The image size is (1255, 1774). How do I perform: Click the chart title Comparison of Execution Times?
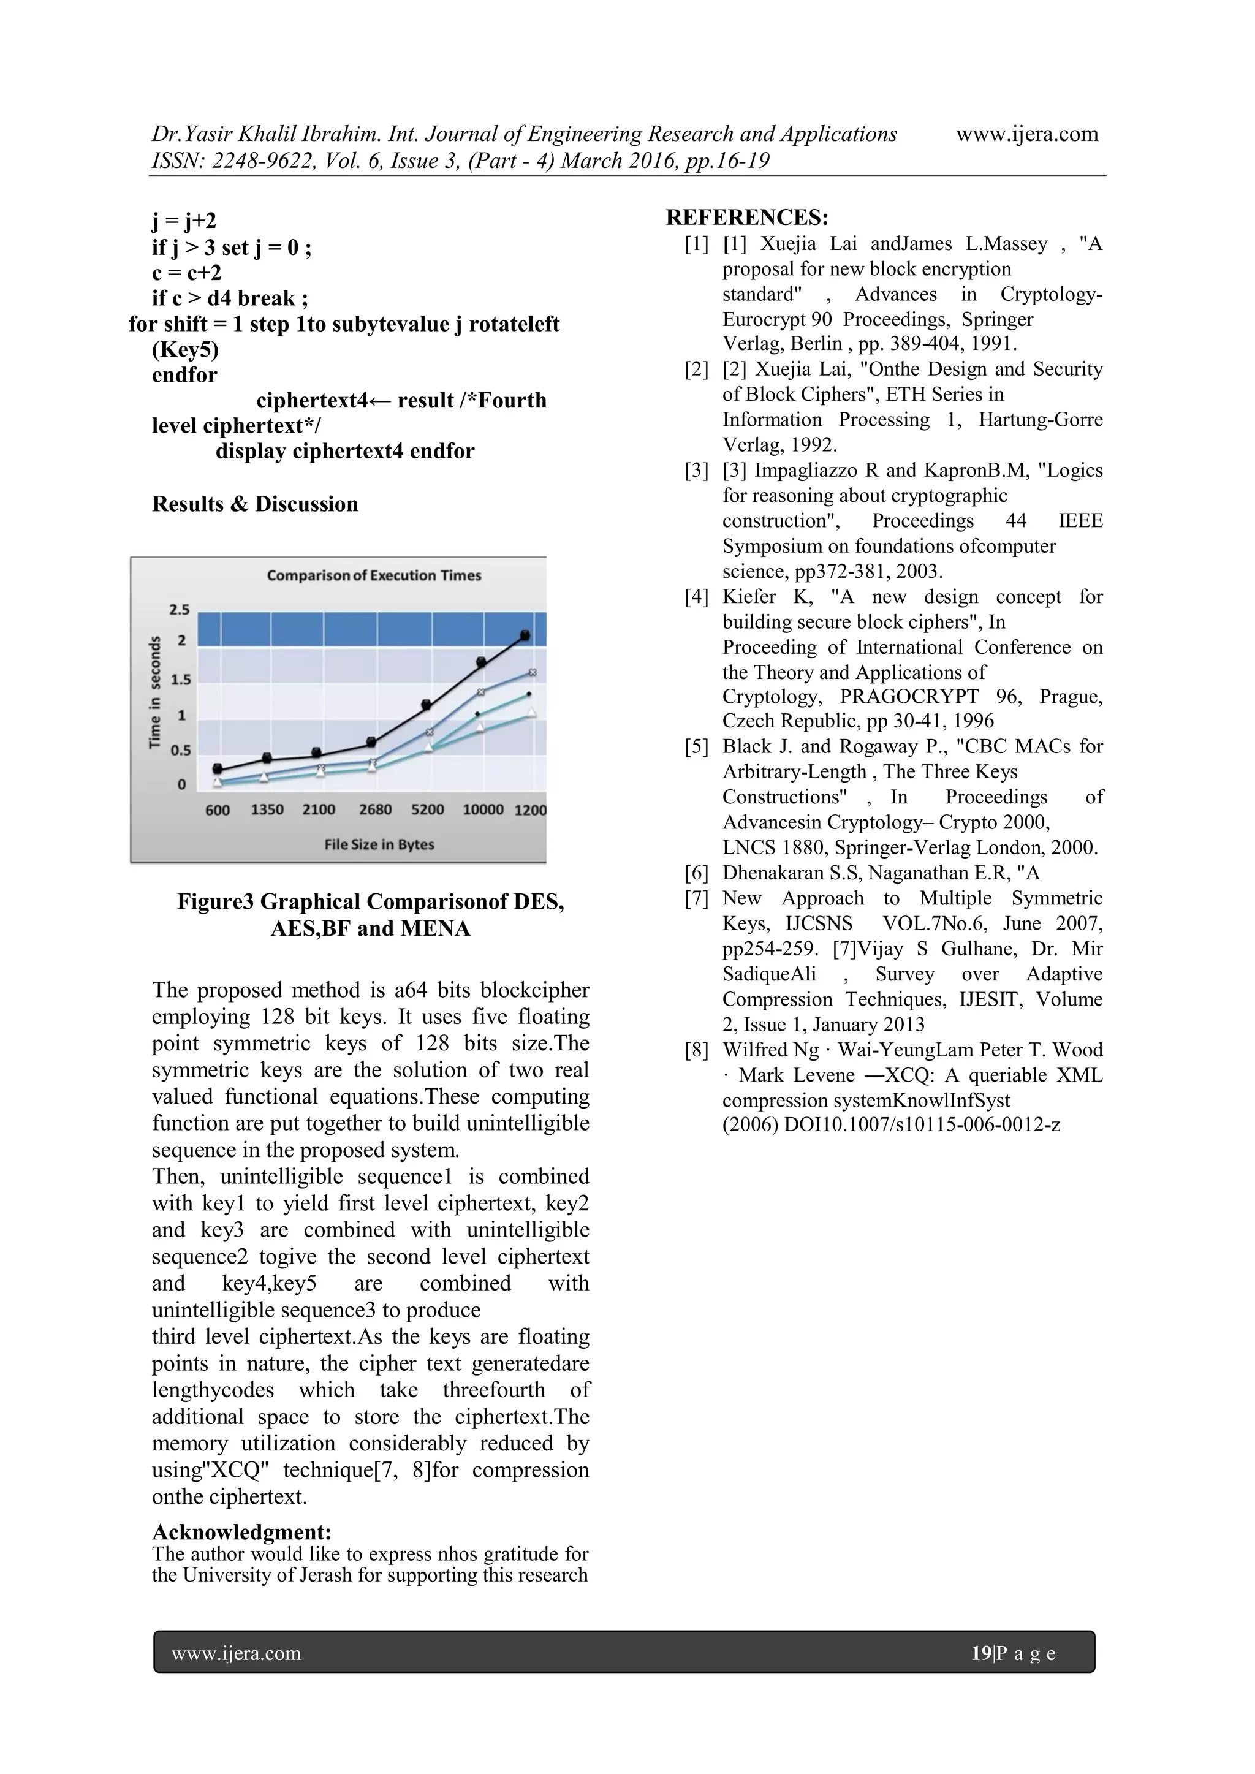[374, 575]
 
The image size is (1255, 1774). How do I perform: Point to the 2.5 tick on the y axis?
[180, 610]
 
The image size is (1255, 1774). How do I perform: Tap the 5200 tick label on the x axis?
[427, 809]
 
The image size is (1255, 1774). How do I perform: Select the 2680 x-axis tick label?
[375, 809]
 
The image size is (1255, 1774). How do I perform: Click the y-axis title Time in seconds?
[155, 692]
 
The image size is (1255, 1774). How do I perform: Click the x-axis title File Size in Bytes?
[379, 844]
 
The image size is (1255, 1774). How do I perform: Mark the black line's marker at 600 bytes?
[218, 769]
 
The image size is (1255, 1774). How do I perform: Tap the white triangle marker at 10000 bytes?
[480, 727]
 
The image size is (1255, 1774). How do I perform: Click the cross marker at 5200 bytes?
[430, 732]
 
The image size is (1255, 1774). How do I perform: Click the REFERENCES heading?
[746, 217]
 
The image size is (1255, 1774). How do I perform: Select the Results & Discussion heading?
[255, 504]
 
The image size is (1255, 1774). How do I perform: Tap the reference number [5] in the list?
[696, 746]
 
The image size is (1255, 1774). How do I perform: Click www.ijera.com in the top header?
[1026, 134]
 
